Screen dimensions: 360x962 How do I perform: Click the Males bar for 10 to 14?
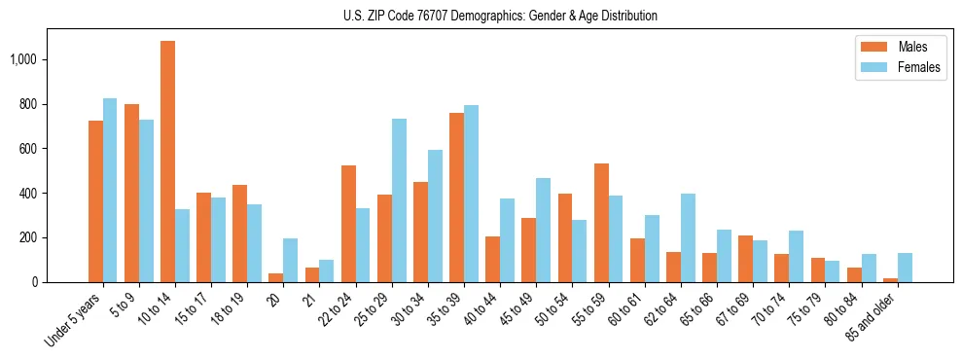pos(167,162)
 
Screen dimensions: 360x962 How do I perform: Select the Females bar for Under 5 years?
pos(110,191)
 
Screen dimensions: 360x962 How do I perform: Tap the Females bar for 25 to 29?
pos(399,200)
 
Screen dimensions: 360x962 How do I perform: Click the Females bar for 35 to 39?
pos(471,194)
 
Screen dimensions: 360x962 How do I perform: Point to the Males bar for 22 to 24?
pos(348,224)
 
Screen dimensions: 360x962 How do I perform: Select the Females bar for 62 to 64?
pos(688,238)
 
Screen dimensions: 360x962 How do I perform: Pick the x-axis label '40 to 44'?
pos(483,309)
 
